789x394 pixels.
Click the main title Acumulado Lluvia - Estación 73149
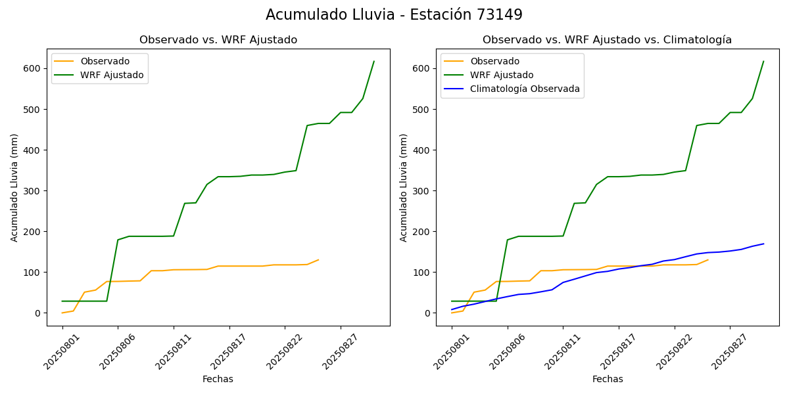[394, 15]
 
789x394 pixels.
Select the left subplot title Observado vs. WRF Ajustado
[218, 40]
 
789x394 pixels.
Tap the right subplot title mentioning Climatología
[607, 40]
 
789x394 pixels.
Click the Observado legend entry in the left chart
[105, 62]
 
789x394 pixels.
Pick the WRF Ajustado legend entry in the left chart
[112, 75]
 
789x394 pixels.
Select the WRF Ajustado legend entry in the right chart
[501, 75]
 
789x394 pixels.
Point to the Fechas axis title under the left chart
[218, 379]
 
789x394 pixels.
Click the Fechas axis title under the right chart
[607, 379]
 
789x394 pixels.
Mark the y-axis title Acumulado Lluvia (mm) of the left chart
[14, 187]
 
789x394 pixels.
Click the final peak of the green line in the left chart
[374, 62]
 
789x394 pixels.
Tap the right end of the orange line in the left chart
[318, 260]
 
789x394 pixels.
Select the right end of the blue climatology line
[763, 244]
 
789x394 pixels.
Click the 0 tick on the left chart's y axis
[38, 313]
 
